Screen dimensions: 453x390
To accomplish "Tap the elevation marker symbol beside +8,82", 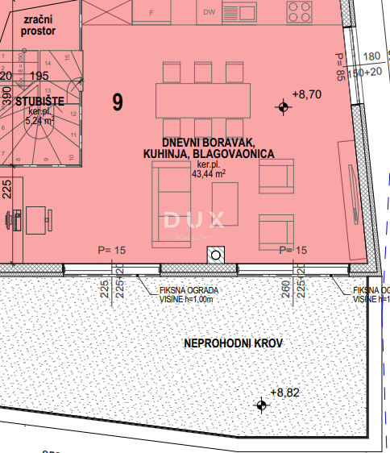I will tap(261, 405).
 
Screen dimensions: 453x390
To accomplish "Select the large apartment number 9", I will tap(118, 102).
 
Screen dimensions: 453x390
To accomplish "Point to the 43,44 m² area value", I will tap(208, 172).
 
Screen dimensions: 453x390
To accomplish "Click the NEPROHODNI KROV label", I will tap(234, 344).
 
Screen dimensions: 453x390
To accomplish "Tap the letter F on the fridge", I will tap(152, 13).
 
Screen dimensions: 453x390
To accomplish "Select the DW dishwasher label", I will tap(210, 12).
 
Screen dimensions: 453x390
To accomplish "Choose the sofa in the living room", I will tap(168, 203).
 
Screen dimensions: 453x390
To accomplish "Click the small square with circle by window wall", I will tap(215, 256).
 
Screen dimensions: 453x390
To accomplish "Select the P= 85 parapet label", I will tap(341, 67).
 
